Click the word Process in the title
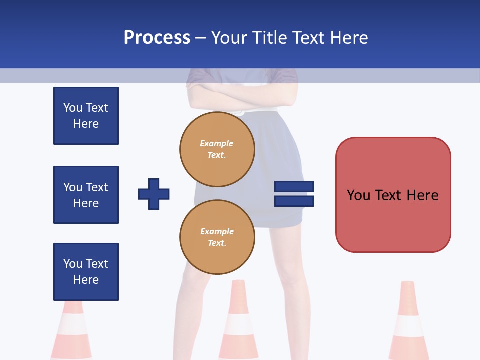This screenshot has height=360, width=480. click(x=157, y=38)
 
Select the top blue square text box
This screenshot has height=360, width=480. click(x=86, y=116)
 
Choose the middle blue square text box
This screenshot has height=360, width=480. click(x=86, y=195)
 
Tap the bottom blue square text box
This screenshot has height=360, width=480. click(x=86, y=272)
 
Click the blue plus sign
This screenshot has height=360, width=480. click(x=154, y=194)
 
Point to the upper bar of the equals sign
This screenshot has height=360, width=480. click(x=294, y=186)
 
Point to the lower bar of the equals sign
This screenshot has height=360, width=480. click(x=294, y=201)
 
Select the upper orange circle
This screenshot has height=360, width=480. click(x=217, y=149)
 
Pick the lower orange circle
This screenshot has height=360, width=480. click(x=217, y=237)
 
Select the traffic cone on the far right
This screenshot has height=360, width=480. click(x=408, y=322)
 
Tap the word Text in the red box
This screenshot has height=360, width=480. click(x=390, y=195)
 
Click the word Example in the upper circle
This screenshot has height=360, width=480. click(x=216, y=143)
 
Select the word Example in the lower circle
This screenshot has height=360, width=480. click(x=217, y=231)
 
